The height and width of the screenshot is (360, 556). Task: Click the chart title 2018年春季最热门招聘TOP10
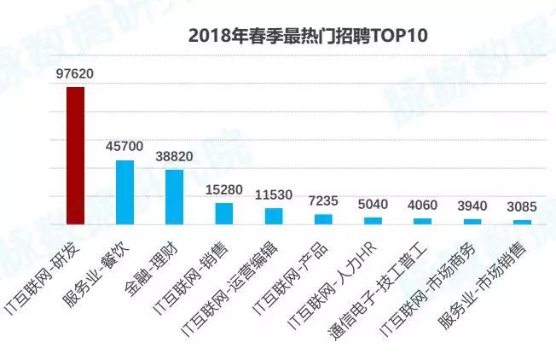[x=307, y=37]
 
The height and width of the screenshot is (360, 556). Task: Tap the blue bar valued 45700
[x=125, y=192]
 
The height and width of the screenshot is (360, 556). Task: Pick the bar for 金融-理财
[x=175, y=196]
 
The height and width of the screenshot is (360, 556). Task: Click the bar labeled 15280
[x=224, y=212]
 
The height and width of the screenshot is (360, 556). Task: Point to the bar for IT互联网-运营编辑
[x=274, y=216]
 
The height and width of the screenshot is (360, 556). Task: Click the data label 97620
[x=75, y=74]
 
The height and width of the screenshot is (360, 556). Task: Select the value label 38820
[x=174, y=157]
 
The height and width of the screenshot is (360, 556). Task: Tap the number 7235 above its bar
[x=323, y=201]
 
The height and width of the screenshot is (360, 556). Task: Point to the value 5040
[x=373, y=205]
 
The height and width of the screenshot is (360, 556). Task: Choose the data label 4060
[x=422, y=206]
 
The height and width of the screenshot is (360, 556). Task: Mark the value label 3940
[x=472, y=206]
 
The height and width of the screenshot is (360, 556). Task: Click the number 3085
[x=521, y=208]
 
